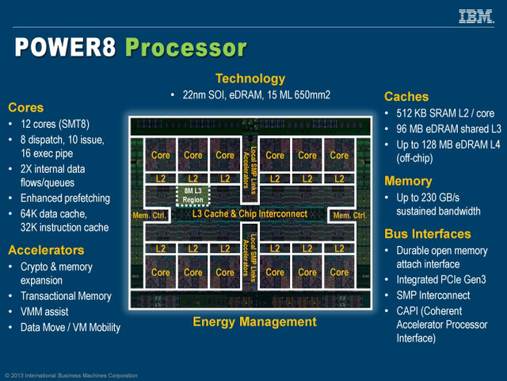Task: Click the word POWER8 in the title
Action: pos(66,48)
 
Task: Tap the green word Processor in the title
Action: pos(185,48)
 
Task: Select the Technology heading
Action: pos(250,79)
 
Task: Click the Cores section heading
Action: pos(26,107)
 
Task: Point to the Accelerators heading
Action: pos(47,250)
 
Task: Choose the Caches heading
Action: pos(406,97)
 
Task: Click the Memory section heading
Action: pos(408,181)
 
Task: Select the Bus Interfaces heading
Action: pos(428,234)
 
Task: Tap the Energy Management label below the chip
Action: pos(254,322)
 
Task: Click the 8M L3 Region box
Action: pos(193,194)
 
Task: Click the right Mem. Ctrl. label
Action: pos(349,215)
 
